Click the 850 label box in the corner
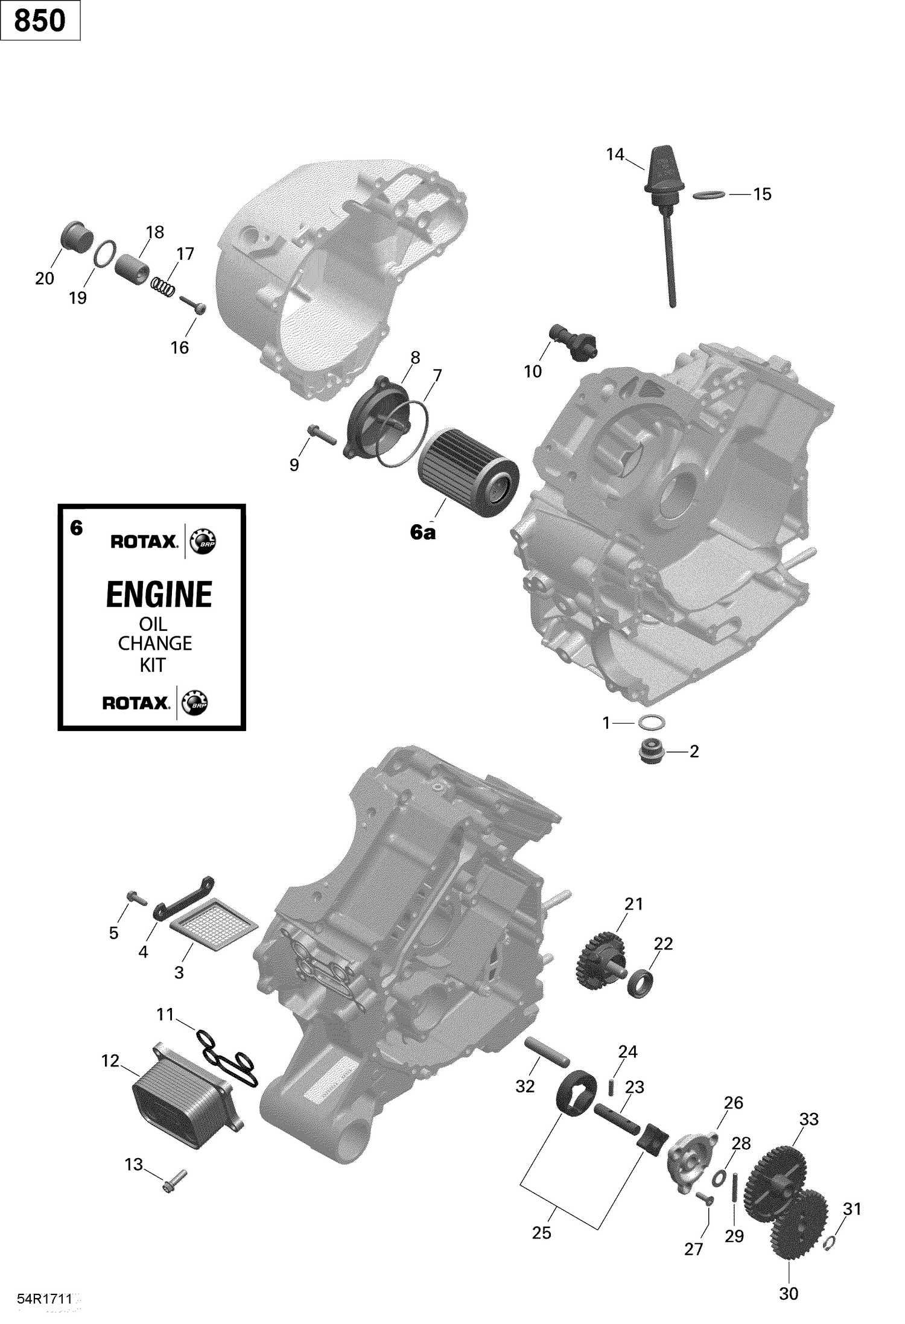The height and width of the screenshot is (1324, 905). click(40, 21)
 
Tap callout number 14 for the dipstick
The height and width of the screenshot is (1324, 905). click(614, 155)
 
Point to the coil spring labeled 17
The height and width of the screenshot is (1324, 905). click(163, 285)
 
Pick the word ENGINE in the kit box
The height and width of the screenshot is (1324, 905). click(159, 594)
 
